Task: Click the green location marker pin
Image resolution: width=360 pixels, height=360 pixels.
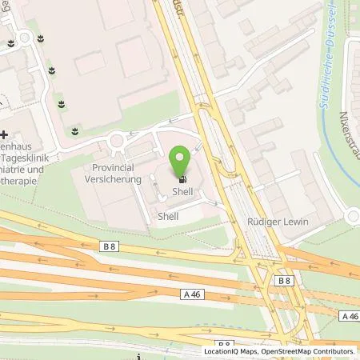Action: click(181, 158)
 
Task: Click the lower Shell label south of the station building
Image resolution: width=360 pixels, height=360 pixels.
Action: click(166, 216)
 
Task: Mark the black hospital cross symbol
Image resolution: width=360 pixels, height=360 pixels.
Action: click(4, 135)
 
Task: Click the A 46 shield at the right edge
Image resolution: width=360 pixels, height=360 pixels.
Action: click(350, 316)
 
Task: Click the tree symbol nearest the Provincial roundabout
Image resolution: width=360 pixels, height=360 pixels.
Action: click(75, 129)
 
